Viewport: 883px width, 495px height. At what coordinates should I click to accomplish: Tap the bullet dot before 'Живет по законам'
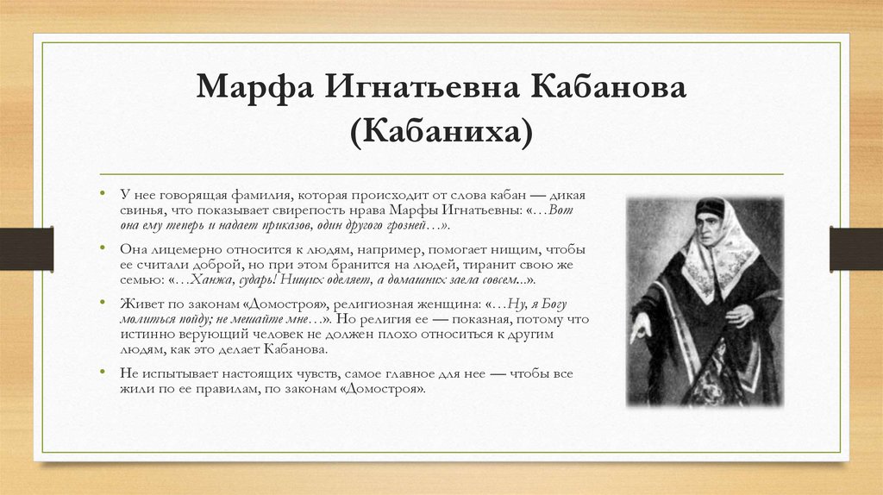[102, 303]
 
